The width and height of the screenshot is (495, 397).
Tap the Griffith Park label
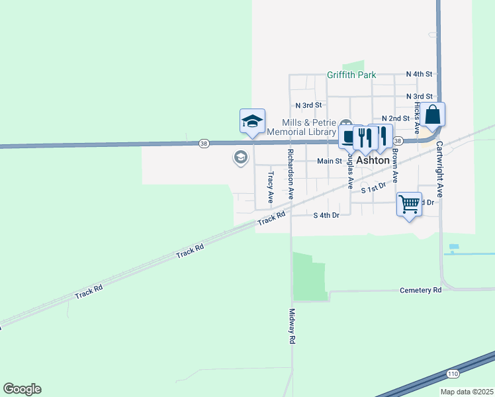351,75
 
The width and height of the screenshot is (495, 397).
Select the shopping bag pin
432,115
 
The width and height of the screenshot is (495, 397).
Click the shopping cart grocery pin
410,204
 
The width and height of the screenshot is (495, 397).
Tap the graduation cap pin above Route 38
252,121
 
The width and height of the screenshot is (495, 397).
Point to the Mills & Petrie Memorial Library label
310,127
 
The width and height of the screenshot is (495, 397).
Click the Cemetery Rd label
421,290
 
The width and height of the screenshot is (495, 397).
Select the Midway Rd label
291,326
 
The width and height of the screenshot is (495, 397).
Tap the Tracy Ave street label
270,188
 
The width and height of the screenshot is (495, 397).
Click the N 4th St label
419,74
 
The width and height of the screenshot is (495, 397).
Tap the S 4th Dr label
326,216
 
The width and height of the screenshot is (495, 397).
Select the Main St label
329,161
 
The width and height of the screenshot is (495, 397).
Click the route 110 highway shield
453,374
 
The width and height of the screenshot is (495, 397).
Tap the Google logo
22,389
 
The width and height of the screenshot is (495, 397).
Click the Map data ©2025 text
467,392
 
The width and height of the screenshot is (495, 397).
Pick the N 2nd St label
396,118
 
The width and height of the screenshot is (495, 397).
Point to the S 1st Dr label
373,189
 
